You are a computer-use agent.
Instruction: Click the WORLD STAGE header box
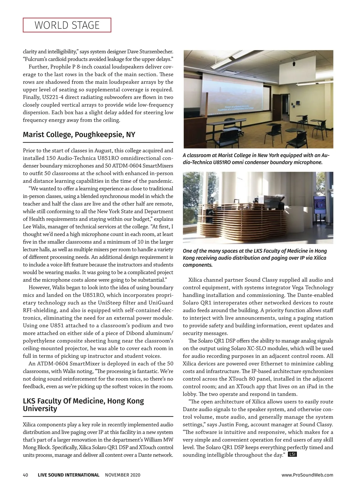click(x=67, y=25)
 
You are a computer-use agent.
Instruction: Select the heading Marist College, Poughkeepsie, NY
click(x=79, y=135)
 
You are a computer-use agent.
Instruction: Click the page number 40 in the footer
click(x=25, y=475)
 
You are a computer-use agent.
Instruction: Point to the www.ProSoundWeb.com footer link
click(x=307, y=475)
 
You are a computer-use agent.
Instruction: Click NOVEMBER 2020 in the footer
click(x=123, y=475)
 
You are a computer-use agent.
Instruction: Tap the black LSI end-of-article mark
click(x=292, y=454)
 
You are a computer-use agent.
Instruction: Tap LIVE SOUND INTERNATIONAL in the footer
click(x=68, y=475)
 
